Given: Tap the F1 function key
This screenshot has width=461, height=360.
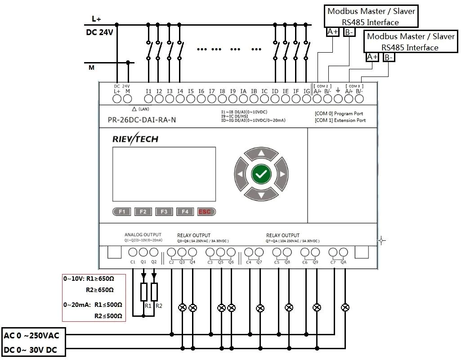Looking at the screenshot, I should [x=122, y=211].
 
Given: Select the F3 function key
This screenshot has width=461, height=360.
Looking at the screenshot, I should [x=164, y=211].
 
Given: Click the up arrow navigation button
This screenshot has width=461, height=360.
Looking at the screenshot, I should [x=261, y=153].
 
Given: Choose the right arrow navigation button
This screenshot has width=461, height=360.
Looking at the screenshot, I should [x=282, y=174].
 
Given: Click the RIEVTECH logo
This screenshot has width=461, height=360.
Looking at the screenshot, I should [x=135, y=139].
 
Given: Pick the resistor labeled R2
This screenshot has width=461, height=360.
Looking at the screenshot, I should [x=154, y=292].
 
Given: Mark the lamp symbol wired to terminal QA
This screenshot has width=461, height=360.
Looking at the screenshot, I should [x=345, y=308].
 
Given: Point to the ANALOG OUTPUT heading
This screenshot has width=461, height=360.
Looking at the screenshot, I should [x=143, y=235].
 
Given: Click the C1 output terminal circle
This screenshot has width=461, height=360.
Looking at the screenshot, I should [x=133, y=252].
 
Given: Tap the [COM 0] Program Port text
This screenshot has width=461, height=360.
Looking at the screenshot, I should [x=339, y=114].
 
